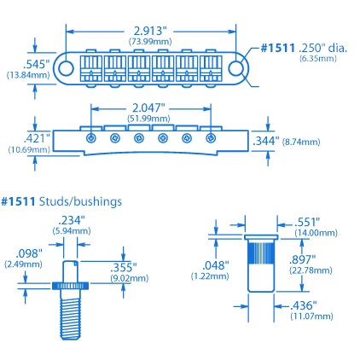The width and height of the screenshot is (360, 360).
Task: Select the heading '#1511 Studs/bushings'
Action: point(61,201)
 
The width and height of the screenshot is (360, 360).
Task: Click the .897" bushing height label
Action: point(302,258)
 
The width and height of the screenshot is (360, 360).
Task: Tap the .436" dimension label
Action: point(302,305)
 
